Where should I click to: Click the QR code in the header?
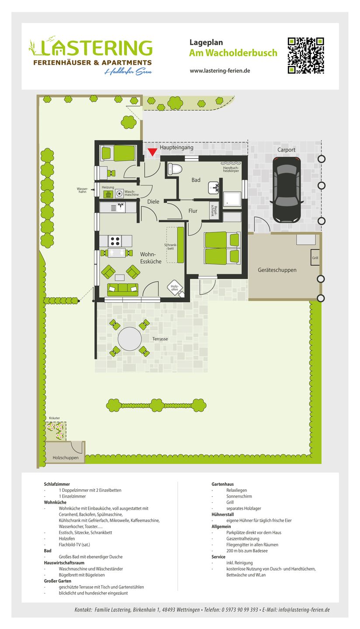point(306,55)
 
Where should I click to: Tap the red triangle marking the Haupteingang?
point(152,152)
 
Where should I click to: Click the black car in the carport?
point(287,190)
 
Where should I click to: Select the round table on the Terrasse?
point(130,339)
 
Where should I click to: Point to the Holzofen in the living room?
point(174,287)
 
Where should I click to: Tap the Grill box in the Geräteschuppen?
point(315,258)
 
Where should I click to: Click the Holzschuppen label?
point(66,458)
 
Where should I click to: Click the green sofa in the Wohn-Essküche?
point(123,289)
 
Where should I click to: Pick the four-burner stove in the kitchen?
point(115,241)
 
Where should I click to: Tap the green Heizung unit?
point(107,194)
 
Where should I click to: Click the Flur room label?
point(193,211)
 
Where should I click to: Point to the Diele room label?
point(153,202)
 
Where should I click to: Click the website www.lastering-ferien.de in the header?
point(220,71)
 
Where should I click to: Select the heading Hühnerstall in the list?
point(224,515)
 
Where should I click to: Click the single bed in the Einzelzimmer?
point(118,153)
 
